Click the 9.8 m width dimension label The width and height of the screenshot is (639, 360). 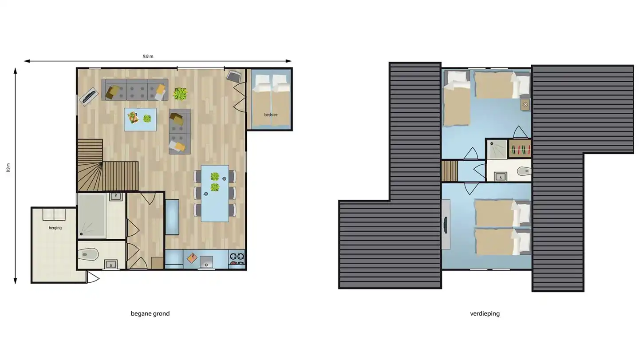click(148, 56)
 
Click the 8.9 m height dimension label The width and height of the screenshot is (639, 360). click(8, 168)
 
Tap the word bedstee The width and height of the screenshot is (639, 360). click(271, 115)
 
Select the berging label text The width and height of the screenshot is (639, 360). click(55, 228)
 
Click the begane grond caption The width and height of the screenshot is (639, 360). click(150, 313)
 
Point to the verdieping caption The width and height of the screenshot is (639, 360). click(485, 313)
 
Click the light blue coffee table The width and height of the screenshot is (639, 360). click(140, 119)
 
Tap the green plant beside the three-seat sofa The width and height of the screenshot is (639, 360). click(180, 94)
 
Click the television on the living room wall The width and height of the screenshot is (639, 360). click(89, 96)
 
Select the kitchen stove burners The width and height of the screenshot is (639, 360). click(237, 259)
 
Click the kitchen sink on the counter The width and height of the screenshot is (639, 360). click(206, 261)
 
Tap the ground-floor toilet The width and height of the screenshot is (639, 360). click(88, 254)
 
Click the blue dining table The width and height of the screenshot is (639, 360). click(215, 194)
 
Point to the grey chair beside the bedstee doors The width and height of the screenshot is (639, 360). click(233, 76)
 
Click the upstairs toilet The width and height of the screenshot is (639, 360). click(524, 171)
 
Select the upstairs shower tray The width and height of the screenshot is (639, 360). click(497, 149)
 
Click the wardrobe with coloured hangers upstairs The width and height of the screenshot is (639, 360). click(520, 149)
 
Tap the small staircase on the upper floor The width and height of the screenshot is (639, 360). click(450, 171)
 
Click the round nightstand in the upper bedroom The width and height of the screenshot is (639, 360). click(525, 105)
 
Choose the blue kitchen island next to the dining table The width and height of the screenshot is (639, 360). click(172, 217)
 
